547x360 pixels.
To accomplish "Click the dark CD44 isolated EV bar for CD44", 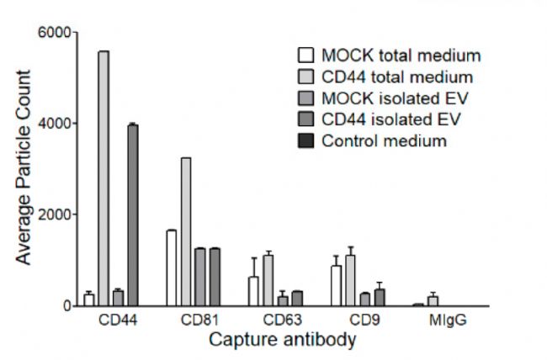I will click(x=132, y=214).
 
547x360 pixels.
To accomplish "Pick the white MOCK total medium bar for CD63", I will click(x=253, y=291).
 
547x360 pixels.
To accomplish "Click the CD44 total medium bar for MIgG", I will click(x=433, y=301).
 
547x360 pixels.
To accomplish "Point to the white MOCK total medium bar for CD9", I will click(x=337, y=286).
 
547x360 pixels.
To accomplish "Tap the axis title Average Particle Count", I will click(x=24, y=168).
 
